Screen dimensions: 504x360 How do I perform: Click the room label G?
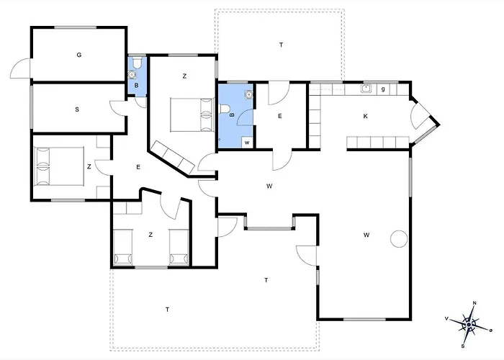point(79,55)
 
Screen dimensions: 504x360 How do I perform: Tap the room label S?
point(77,109)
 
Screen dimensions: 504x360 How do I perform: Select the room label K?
point(366,116)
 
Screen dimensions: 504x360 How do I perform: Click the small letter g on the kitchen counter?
point(383,89)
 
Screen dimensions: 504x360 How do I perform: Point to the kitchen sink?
point(366,88)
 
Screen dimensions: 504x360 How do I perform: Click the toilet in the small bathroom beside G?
point(138,63)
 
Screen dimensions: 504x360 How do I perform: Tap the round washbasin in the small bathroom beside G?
point(132,75)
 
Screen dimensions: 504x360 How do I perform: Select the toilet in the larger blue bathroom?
point(224,109)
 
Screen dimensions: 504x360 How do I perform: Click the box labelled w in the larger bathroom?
point(247,143)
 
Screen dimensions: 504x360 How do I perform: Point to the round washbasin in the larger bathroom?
point(248,94)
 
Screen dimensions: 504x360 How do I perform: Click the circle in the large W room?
point(399,239)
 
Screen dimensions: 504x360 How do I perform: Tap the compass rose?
point(469,325)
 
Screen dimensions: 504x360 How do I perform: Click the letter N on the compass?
point(474,303)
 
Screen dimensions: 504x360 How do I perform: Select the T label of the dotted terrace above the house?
point(282,45)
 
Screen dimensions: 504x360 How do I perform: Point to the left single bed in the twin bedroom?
point(123,247)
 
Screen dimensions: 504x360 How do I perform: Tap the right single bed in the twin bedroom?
point(179,247)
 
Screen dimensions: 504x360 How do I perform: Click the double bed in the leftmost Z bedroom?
point(59,166)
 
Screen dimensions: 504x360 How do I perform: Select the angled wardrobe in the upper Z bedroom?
point(173,158)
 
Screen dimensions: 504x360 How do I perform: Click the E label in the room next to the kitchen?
point(280,116)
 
